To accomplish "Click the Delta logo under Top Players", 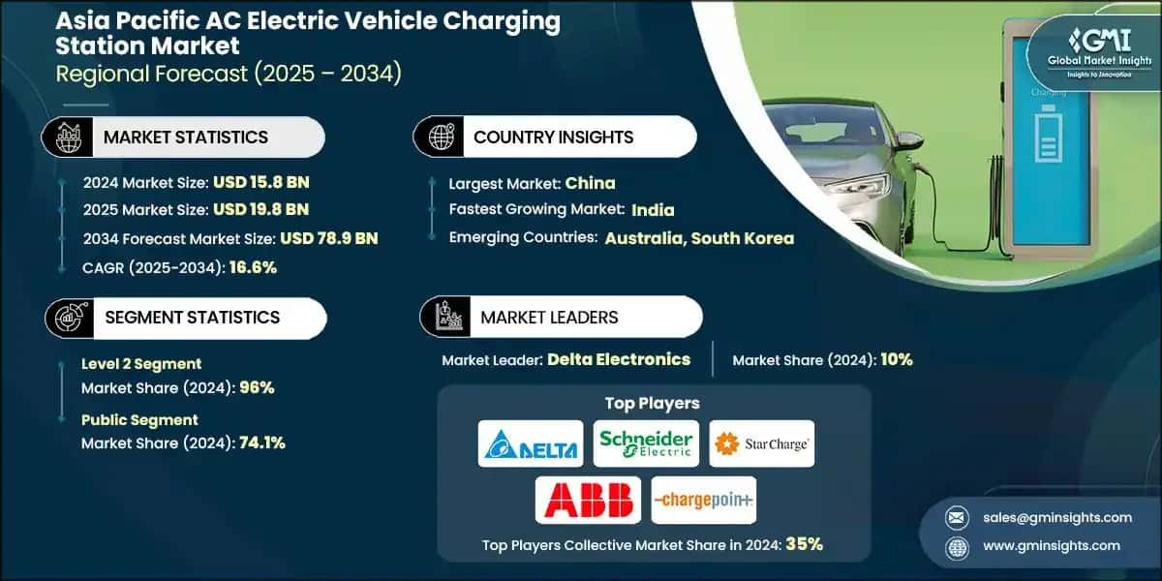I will (x=531, y=443).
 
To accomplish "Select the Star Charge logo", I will (x=761, y=443).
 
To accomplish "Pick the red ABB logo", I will (x=588, y=500).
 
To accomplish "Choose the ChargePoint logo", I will (x=703, y=500).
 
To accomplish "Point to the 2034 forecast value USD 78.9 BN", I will (x=328, y=238).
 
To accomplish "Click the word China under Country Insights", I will (x=590, y=182).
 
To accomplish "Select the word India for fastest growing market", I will (x=653, y=209).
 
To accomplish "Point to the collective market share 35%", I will (x=804, y=544).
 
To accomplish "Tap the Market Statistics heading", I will (x=186, y=137).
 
